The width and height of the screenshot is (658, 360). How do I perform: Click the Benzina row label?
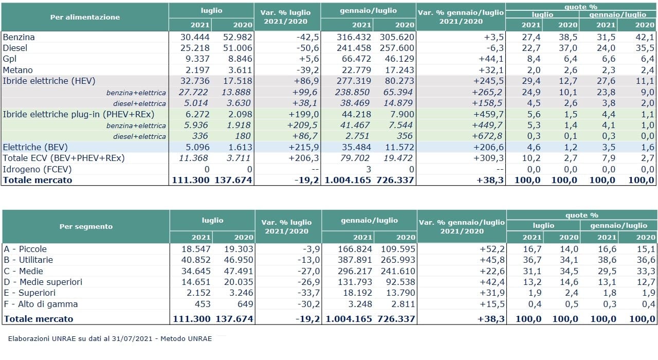(x=19, y=38)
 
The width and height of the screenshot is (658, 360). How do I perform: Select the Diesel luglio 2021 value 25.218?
(x=195, y=48)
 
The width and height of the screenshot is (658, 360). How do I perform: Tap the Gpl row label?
(x=9, y=59)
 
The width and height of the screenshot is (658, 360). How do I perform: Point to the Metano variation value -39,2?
(x=307, y=70)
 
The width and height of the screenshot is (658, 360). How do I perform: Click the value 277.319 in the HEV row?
(x=354, y=81)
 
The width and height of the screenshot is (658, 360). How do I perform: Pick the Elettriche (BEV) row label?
(x=35, y=147)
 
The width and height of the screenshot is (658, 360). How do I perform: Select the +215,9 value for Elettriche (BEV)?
(x=303, y=147)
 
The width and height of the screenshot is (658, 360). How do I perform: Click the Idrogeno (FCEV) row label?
(x=38, y=170)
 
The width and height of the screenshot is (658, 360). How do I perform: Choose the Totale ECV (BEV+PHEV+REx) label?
(x=64, y=158)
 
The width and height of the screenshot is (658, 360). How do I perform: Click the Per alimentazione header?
(x=85, y=17)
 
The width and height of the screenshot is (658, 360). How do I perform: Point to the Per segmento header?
(x=86, y=227)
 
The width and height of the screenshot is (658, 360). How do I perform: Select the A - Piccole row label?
(x=25, y=249)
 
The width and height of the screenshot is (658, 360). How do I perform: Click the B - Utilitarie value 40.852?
(x=196, y=260)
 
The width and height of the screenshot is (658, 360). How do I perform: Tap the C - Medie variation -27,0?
(x=309, y=271)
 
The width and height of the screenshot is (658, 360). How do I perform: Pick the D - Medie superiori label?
(x=43, y=282)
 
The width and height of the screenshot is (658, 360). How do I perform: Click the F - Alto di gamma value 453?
(x=203, y=304)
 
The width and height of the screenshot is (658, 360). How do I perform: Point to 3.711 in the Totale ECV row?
(x=239, y=158)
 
